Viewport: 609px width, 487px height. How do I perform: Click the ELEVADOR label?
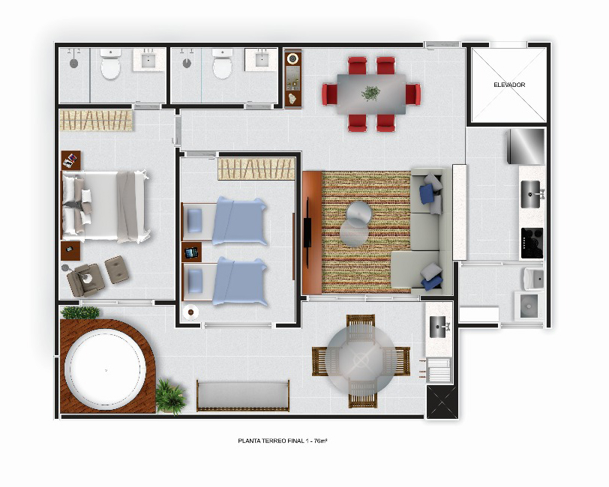509,85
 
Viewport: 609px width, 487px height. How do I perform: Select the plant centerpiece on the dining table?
370,93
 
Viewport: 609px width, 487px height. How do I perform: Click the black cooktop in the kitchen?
532,243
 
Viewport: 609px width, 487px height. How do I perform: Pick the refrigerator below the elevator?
526,146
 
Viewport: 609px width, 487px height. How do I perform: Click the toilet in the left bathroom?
111,64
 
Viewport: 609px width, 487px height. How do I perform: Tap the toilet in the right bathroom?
223,64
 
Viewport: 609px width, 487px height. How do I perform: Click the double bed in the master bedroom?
105,206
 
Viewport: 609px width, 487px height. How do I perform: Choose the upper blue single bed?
224,220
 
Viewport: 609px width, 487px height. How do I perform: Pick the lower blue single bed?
224,281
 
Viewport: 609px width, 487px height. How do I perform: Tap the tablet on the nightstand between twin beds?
191,252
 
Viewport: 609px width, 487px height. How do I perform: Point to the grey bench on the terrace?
243,396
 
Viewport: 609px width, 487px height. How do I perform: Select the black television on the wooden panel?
307,222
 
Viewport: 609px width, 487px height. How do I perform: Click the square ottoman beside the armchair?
117,269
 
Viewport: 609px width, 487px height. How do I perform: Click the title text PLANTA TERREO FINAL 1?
274,441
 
